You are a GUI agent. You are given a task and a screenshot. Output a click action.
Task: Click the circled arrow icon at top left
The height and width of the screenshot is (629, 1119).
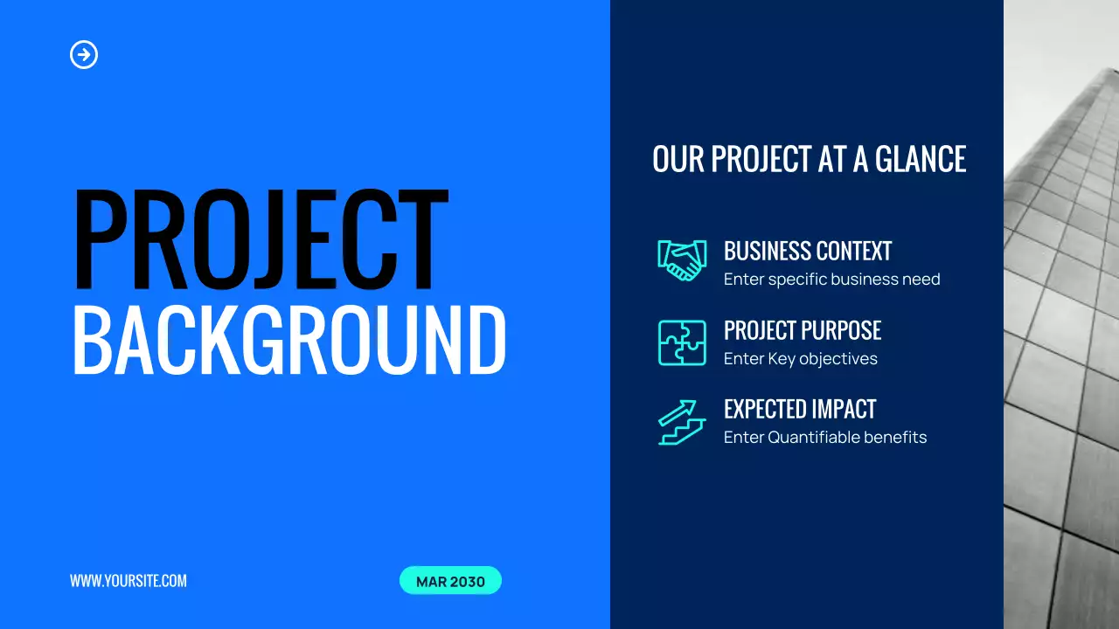tap(84, 55)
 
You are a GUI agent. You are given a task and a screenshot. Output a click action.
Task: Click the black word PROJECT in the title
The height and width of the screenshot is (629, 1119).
tap(260, 240)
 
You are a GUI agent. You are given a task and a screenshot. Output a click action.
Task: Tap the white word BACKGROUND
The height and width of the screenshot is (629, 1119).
tap(288, 341)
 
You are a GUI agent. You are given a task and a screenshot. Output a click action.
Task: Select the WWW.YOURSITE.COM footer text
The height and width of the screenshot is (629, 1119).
tap(129, 581)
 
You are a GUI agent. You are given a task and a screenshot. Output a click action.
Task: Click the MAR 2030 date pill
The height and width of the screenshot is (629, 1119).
tap(450, 581)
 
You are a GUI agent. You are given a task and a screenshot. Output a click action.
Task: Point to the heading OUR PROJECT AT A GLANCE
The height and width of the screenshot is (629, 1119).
tap(809, 159)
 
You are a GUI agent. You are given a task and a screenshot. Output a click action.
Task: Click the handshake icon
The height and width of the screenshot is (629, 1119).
tap(682, 260)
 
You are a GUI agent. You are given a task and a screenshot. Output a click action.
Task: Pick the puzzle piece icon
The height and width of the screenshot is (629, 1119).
tap(682, 342)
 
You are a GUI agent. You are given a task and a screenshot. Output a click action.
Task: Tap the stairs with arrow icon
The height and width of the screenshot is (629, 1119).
tap(682, 423)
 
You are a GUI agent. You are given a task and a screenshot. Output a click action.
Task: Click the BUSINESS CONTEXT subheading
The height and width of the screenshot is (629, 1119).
tap(808, 252)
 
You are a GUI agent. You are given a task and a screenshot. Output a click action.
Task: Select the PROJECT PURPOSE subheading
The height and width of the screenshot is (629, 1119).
tap(803, 330)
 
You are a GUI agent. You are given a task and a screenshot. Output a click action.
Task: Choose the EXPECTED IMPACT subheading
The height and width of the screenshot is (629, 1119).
tap(800, 409)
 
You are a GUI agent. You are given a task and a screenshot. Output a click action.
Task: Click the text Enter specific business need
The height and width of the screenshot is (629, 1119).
tap(831, 280)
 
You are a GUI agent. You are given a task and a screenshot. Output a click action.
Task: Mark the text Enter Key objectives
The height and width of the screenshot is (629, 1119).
tap(800, 359)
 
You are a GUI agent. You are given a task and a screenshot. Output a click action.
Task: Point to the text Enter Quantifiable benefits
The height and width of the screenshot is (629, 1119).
tap(825, 438)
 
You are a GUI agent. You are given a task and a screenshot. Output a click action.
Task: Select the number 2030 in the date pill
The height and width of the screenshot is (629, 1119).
tap(467, 581)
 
